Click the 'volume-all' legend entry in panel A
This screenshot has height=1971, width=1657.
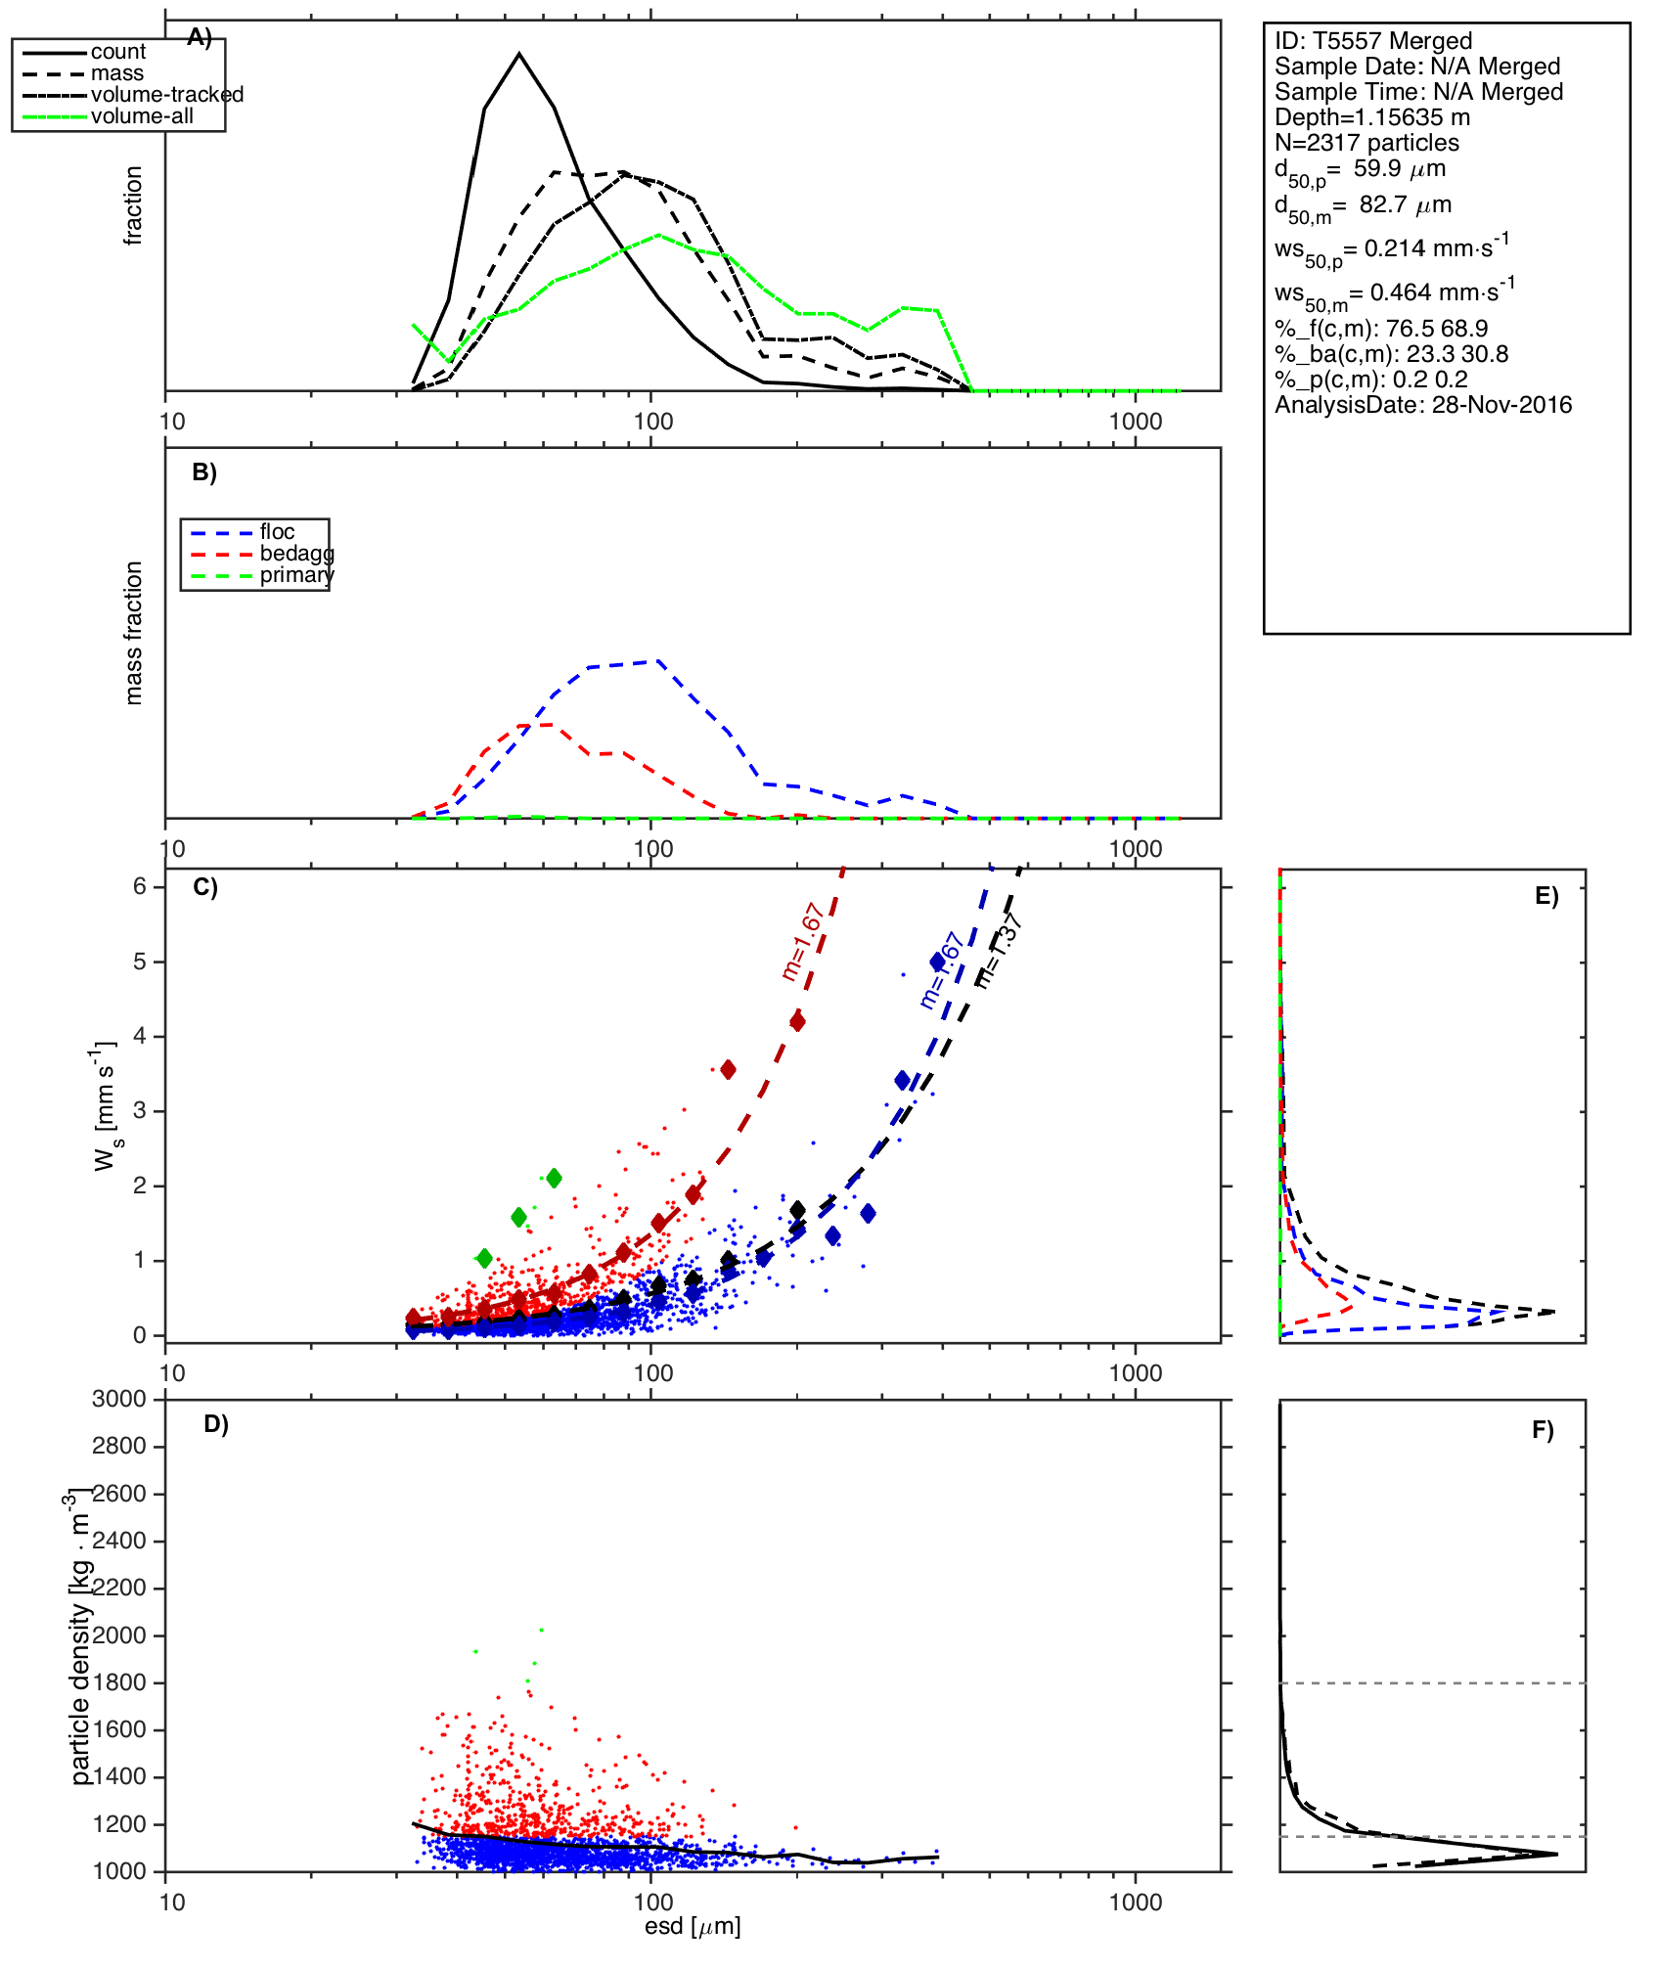142,116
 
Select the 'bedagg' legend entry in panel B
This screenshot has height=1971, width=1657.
296,554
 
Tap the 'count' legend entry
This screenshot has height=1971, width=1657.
117,52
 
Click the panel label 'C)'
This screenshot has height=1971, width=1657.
205,887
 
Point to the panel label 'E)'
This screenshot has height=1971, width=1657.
1546,896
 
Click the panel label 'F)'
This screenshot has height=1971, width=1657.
1543,1430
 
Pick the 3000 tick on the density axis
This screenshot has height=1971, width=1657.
119,1399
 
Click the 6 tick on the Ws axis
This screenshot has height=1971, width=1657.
140,886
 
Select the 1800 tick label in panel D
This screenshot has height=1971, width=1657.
119,1682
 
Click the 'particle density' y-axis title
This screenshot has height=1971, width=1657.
80,1643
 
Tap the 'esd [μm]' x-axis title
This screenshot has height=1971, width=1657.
693,1926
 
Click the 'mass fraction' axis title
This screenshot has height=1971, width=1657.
134,633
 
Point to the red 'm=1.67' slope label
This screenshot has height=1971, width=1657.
803,942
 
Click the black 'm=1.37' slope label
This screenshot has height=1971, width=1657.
1000,949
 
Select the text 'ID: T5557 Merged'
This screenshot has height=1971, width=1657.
1373,41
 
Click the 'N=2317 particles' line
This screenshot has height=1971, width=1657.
1366,143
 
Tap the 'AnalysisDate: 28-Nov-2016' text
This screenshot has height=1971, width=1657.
1423,405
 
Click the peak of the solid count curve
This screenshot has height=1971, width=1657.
519,54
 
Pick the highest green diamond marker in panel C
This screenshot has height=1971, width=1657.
554,1178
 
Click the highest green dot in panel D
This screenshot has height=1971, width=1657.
541,1630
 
